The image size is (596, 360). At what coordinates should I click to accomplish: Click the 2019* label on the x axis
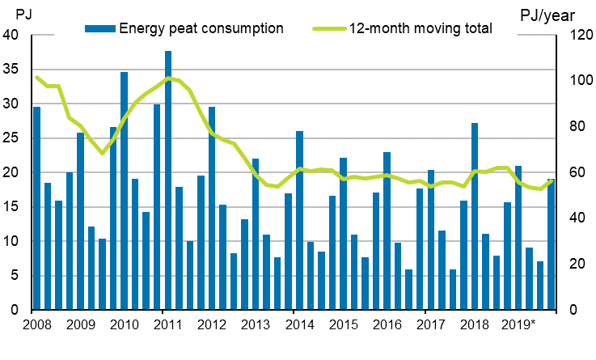point(518,324)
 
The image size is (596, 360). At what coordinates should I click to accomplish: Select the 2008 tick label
point(36,324)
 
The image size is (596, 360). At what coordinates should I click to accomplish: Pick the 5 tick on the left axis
point(15,276)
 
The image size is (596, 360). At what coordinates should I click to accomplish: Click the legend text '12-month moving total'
point(421,28)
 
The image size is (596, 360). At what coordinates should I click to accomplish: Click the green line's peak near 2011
point(167,78)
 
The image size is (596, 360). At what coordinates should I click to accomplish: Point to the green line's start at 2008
point(36,77)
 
